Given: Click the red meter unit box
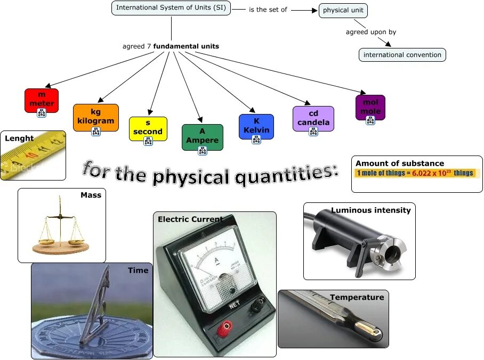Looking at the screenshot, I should tap(41, 100).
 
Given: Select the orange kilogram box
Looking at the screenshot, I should tap(95, 117).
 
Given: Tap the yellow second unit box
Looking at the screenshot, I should tap(148, 128).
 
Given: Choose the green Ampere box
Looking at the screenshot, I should tap(202, 136).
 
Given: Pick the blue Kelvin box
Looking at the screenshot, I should tap(256, 126).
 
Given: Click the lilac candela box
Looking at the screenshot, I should tap(313, 118).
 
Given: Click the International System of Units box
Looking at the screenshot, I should tap(171, 8).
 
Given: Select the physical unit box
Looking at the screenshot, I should tap(343, 10).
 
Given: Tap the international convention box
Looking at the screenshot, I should tap(402, 55).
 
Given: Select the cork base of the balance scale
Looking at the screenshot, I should tap(60, 247).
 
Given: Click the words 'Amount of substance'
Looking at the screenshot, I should tap(399, 163).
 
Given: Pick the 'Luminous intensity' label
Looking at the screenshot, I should tap(370, 210).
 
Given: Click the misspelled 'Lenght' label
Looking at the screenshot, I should tap(19, 138).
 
